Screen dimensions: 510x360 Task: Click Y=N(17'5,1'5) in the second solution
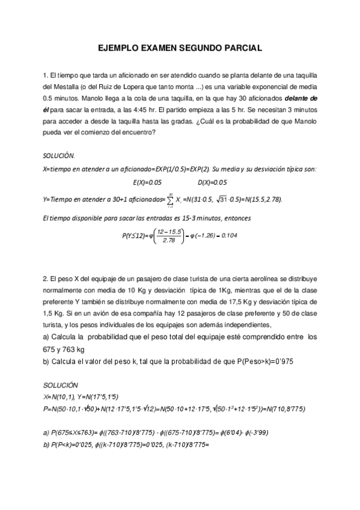tap(97, 397)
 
